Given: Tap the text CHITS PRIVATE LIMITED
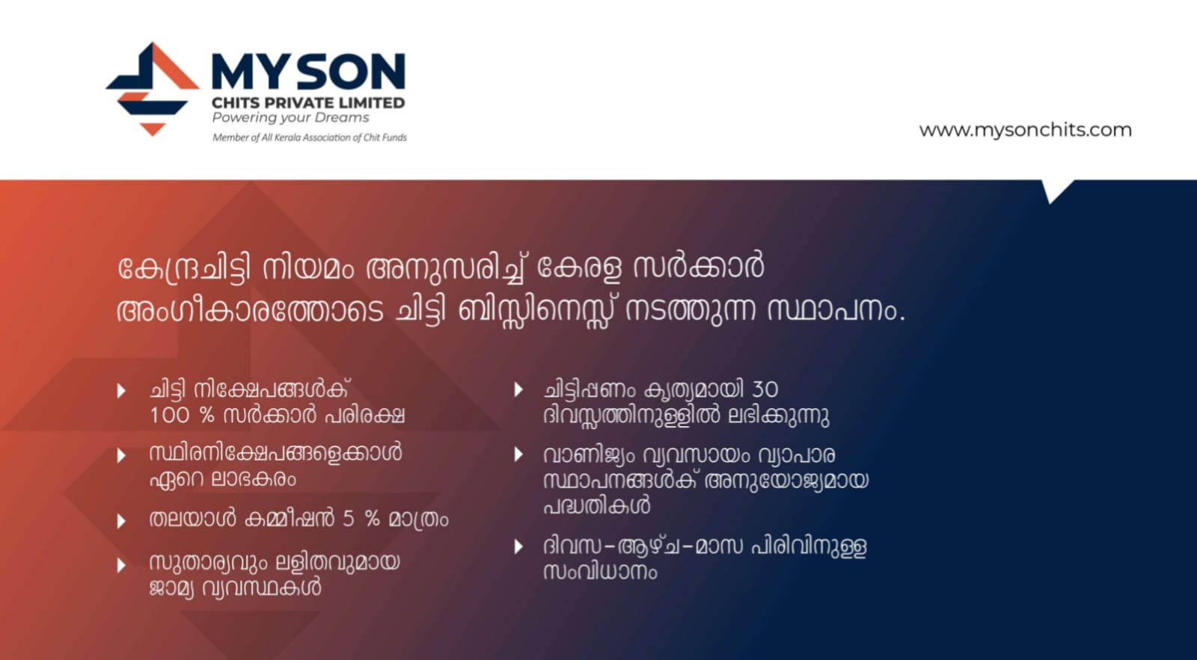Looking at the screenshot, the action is [x=308, y=102].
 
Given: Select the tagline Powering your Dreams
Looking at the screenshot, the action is [x=291, y=118].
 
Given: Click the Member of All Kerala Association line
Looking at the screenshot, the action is [x=310, y=138].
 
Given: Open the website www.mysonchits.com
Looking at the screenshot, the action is [x=1025, y=130].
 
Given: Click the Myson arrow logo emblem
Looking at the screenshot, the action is [x=153, y=89].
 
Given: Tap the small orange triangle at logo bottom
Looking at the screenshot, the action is [x=153, y=129].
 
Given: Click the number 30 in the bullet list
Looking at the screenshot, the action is [x=765, y=390].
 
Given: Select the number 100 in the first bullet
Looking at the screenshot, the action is [x=169, y=416].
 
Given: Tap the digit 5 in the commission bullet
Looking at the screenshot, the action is [x=349, y=519].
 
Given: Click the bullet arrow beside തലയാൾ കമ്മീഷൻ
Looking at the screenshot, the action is [x=122, y=521].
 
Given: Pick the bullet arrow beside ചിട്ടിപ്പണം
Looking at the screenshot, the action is [x=518, y=389].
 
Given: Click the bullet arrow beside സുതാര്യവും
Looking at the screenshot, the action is [x=122, y=565].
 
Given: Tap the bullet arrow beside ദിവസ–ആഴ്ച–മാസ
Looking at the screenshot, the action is [x=518, y=546].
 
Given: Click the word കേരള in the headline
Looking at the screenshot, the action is [x=579, y=268].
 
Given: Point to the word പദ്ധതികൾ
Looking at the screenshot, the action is [x=597, y=505].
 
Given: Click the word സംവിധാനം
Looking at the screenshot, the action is [x=600, y=572].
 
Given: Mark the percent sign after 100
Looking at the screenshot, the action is [x=206, y=416].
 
